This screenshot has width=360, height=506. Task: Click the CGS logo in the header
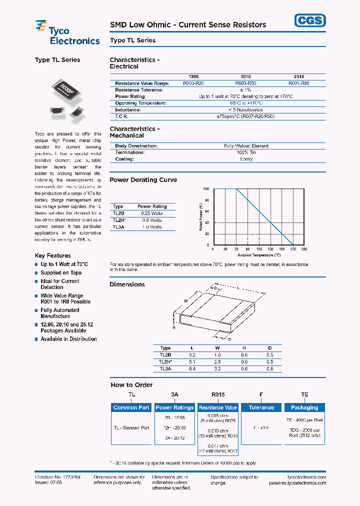(x=309, y=20)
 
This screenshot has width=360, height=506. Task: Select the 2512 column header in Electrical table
(x=299, y=77)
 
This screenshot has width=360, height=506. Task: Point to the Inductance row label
(x=128, y=109)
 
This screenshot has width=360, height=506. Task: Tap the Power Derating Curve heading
(x=143, y=180)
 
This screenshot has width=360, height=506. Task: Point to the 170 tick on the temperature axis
(x=293, y=248)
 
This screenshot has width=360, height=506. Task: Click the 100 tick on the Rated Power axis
(x=206, y=189)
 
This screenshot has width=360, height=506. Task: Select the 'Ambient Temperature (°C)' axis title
(x=259, y=255)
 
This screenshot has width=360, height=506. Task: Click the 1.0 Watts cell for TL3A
(x=152, y=227)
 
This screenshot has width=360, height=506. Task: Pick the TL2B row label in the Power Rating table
(x=118, y=213)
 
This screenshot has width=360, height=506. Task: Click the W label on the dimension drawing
(x=185, y=300)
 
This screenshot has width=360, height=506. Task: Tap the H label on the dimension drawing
(x=174, y=327)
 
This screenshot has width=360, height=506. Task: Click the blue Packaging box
(x=304, y=407)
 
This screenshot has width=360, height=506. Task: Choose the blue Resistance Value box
(x=218, y=407)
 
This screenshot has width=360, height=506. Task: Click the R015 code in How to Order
(x=218, y=394)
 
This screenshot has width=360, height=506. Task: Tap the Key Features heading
(x=52, y=255)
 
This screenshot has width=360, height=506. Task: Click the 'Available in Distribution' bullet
(x=68, y=339)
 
